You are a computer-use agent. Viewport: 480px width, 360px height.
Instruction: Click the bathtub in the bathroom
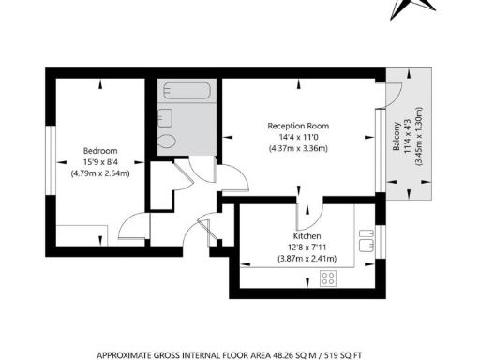click(187, 92)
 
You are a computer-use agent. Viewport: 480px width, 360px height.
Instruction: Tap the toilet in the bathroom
click(168, 142)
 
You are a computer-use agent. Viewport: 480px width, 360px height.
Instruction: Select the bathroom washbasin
click(165, 117)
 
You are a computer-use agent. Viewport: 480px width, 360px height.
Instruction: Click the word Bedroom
click(99, 150)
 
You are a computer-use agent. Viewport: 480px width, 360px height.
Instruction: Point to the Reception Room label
click(298, 126)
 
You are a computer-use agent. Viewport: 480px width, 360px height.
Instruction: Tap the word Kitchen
click(307, 237)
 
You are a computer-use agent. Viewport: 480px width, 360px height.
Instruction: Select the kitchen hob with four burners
click(329, 277)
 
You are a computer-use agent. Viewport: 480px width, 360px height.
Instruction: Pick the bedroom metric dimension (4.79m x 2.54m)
click(99, 172)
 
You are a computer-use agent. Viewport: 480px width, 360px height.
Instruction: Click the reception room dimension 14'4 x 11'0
click(298, 137)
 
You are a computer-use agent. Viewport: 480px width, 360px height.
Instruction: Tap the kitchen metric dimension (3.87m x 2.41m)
click(307, 259)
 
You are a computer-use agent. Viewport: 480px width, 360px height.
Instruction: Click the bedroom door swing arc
click(133, 225)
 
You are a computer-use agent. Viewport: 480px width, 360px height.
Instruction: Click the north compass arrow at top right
click(404, 7)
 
